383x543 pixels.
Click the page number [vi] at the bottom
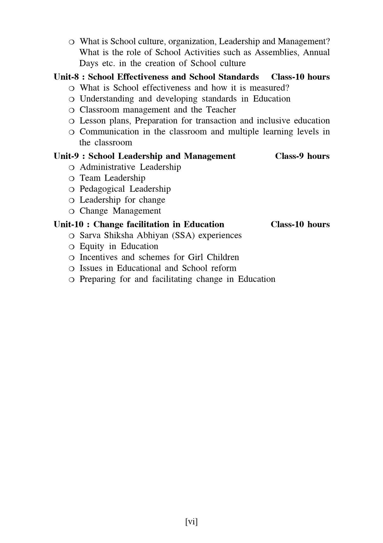[191, 522]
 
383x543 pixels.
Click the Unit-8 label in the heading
[66, 77]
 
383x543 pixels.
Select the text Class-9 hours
[302, 156]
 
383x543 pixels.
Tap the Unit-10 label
[68, 224]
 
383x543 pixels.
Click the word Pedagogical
[102, 189]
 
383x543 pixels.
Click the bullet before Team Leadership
[72, 178]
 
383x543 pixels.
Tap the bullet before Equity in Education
[72, 247]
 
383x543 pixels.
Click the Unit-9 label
[66, 156]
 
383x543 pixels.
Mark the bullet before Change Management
[72, 211]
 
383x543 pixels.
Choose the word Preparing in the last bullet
[97, 279]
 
